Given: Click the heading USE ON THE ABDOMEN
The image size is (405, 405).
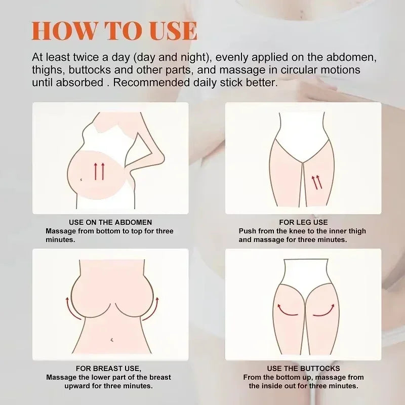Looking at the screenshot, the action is pyautogui.click(x=110, y=222).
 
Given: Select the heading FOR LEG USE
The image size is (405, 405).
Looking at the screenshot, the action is pyautogui.click(x=303, y=222).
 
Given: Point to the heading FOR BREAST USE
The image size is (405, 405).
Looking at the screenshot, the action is pyautogui.click(x=108, y=369).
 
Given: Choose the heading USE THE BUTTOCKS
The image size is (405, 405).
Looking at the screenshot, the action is pyautogui.click(x=303, y=369).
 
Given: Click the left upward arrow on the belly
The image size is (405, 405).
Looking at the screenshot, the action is pyautogui.click(x=96, y=171).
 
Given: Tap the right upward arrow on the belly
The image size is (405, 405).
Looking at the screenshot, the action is pyautogui.click(x=103, y=171).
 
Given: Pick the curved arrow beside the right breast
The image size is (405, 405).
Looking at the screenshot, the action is pyautogui.click(x=153, y=310).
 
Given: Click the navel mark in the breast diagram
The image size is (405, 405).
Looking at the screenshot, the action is pyautogui.click(x=112, y=340).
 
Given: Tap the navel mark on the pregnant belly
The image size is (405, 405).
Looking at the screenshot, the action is pyautogui.click(x=81, y=179).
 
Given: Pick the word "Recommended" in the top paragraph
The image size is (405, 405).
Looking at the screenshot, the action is pyautogui.click(x=151, y=83).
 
